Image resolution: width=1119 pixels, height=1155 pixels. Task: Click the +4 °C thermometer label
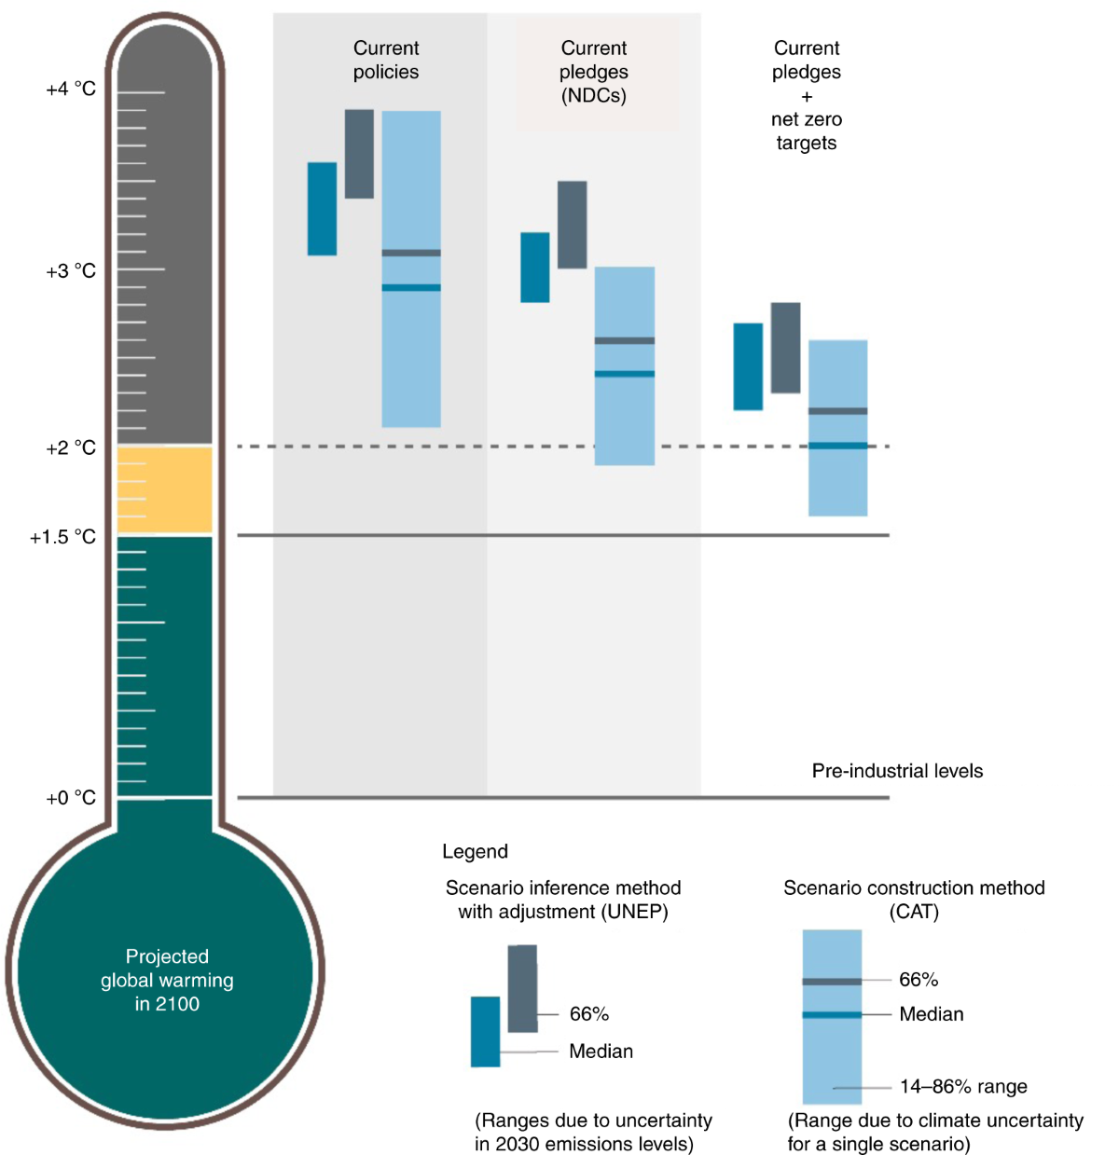[71, 89]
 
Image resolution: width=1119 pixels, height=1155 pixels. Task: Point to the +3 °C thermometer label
[71, 271]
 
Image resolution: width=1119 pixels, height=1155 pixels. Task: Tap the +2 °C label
[71, 448]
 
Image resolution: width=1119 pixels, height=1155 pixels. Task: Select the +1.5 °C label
[62, 537]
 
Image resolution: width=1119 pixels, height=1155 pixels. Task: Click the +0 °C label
[71, 798]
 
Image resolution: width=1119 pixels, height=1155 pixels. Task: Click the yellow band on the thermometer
[164, 489]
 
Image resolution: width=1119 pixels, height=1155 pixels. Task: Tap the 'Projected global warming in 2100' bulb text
[167, 980]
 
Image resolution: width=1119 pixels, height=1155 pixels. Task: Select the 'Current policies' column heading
[386, 60]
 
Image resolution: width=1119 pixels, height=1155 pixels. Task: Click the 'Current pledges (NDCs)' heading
[594, 72]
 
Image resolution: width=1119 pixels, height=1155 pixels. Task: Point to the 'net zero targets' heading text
[807, 131]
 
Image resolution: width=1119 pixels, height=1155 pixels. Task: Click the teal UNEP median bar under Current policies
[322, 209]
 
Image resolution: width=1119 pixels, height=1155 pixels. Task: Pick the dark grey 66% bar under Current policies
[359, 154]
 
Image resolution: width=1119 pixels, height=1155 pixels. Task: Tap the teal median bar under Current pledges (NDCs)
[534, 268]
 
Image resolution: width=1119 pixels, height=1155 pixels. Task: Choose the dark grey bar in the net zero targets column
[785, 348]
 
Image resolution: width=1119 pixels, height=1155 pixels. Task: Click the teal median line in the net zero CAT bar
[837, 446]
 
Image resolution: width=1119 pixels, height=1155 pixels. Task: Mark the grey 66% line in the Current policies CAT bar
[411, 253]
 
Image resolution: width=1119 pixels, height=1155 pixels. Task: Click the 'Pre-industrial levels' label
[897, 771]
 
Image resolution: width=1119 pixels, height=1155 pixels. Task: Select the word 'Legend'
[475, 851]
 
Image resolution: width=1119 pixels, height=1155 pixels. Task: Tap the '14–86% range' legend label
[963, 1087]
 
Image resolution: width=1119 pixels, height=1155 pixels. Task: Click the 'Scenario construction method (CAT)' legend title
[914, 900]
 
